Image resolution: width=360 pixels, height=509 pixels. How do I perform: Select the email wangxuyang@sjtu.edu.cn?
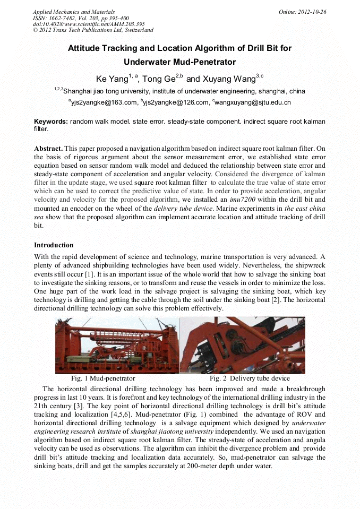point(253,102)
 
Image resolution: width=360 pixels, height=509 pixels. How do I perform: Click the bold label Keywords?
point(51,122)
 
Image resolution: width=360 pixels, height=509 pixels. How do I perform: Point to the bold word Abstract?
point(48,148)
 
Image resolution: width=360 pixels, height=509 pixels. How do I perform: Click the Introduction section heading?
point(54,245)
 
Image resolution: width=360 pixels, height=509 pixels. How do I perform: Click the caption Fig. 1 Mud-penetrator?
point(103,378)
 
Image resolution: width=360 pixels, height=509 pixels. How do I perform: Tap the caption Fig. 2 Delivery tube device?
point(250,378)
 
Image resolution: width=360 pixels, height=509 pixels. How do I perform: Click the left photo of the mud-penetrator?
point(117,345)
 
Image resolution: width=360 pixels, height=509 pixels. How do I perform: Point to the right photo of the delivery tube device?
point(242,345)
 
